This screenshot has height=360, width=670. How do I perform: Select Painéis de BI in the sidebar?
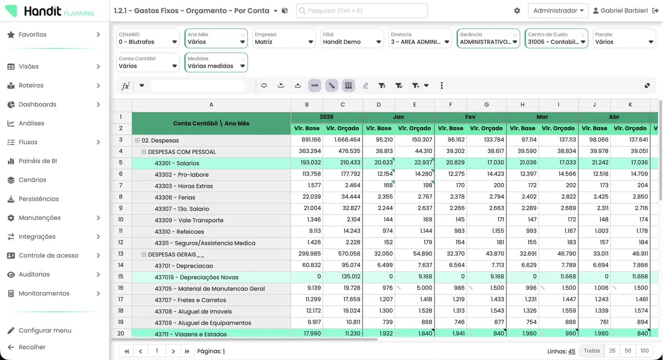38,161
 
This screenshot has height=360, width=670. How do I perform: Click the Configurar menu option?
45,330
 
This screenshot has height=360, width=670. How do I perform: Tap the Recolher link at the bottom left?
32,347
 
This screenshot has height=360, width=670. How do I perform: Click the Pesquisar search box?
362,11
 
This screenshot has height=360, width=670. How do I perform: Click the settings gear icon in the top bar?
517,11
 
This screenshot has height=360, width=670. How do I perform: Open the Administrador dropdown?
558,11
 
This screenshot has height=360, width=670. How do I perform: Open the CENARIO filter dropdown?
148,38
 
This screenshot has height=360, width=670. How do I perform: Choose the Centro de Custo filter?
557,38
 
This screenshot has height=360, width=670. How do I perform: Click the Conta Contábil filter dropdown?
148,63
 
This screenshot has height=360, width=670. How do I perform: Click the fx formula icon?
126,86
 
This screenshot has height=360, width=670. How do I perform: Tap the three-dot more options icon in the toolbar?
442,86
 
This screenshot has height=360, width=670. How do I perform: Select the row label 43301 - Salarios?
177,163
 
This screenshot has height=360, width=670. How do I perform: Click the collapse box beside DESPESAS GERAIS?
144,254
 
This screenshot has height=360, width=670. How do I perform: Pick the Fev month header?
470,117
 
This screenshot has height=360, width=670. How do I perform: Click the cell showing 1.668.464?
343,140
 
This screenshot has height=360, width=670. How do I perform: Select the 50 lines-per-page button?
628,351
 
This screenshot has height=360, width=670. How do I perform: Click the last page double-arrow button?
187,351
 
